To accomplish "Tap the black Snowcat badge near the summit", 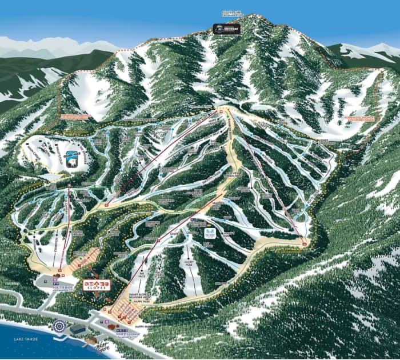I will [226, 29].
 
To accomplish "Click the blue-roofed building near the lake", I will [77, 330].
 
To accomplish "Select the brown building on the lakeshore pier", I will [90, 341].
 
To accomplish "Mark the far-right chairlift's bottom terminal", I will [305, 244].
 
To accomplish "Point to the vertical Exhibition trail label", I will [57, 246].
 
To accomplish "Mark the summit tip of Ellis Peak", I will [250, 15].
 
